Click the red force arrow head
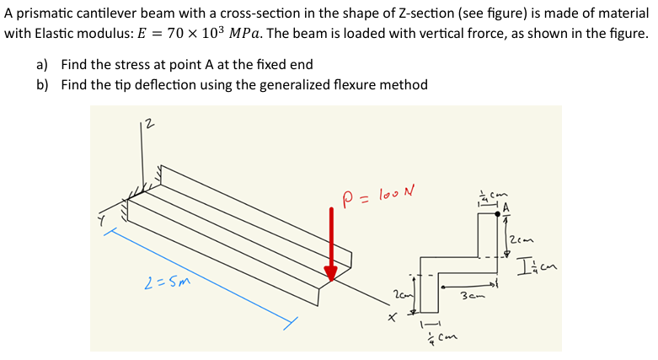coord(331,271)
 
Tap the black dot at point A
coord(497,214)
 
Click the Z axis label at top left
coord(148,126)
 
